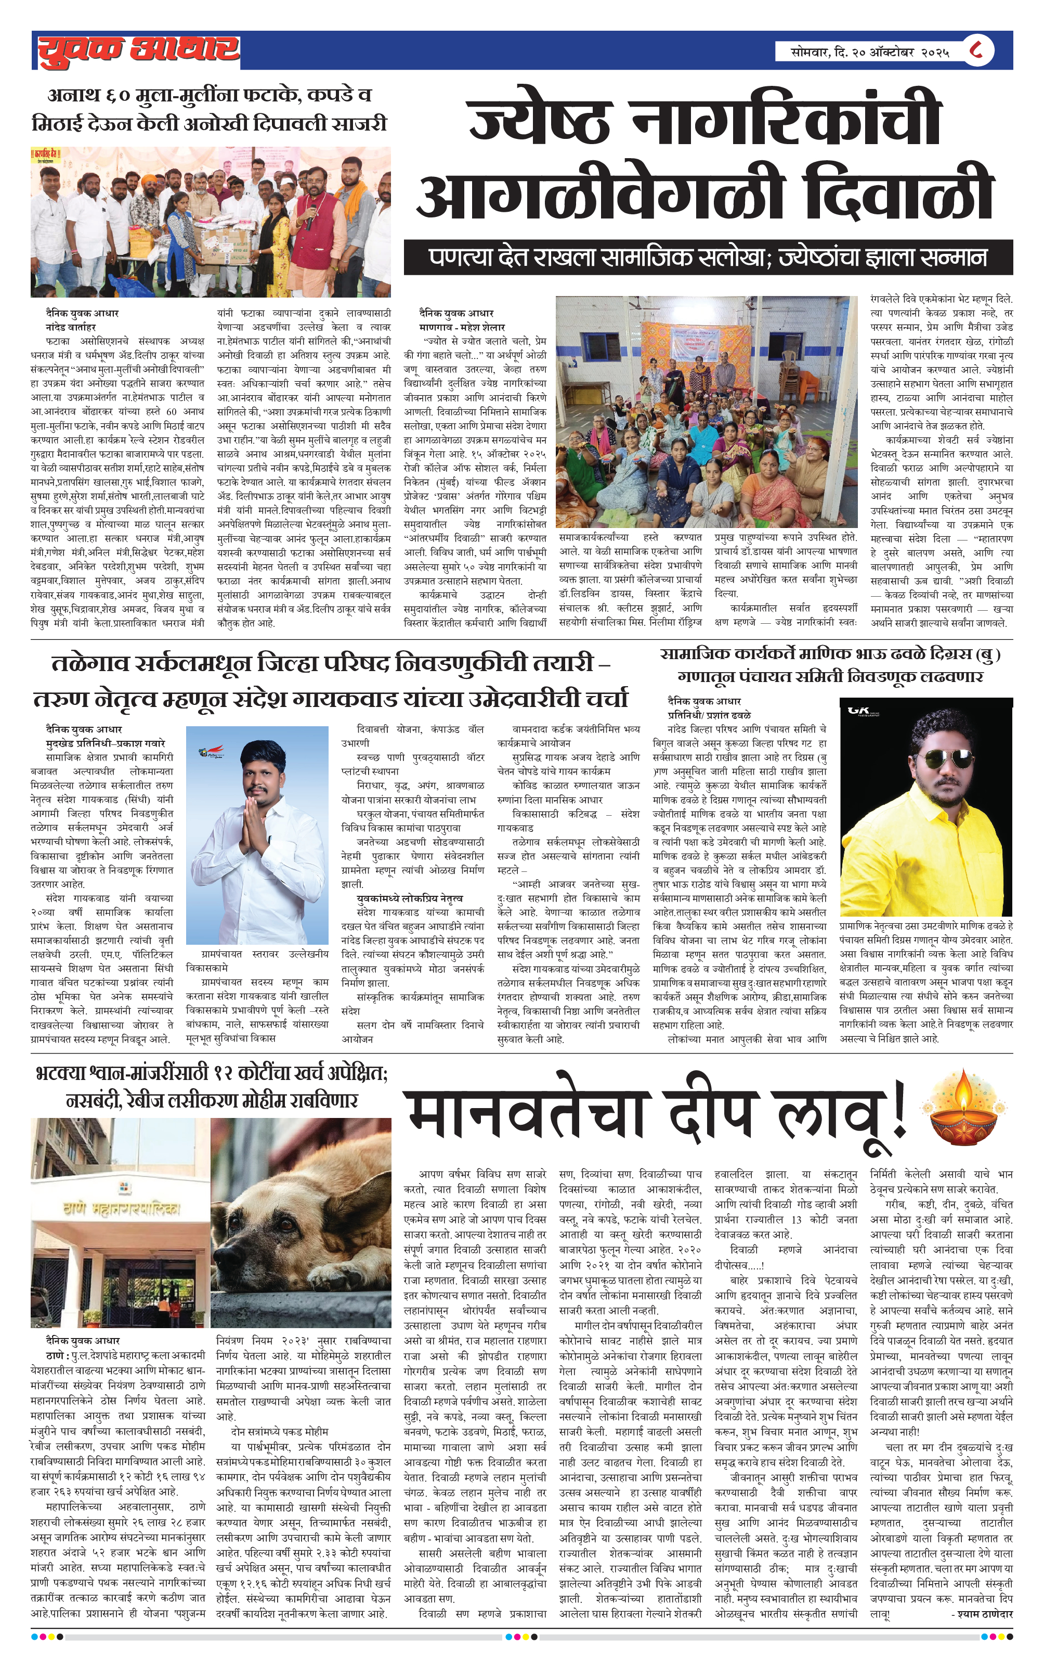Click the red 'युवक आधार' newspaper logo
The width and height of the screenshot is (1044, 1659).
[138, 51]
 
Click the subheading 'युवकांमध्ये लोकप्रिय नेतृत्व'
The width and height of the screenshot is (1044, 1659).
[410, 898]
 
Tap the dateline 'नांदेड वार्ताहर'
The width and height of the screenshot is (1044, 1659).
[71, 327]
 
